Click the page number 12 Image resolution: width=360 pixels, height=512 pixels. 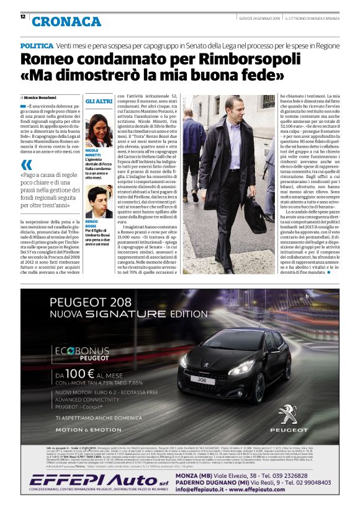[23, 17]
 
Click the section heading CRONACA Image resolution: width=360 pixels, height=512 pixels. [66, 22]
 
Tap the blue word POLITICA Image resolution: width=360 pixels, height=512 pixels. [37, 47]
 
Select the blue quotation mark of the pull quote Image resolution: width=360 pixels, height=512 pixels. [25, 165]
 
